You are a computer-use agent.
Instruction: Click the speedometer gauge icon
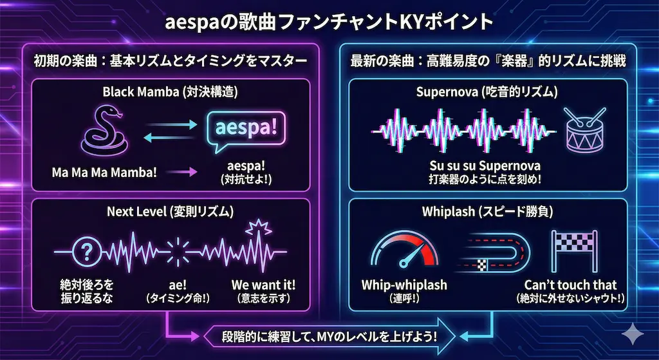pos(404,250)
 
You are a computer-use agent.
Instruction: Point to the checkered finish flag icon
pos(574,251)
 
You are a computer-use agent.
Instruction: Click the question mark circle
pos(87,252)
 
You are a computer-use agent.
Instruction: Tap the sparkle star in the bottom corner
pos(633,334)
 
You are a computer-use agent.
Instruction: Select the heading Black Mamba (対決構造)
pos(170,92)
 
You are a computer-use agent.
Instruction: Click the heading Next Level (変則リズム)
pos(170,211)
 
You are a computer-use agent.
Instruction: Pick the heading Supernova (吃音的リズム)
pos(487,92)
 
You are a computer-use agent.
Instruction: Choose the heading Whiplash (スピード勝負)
pos(487,211)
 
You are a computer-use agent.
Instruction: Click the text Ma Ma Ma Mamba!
pos(104,173)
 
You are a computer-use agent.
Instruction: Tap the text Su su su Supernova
pos(485,166)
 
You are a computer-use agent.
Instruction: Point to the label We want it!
pos(263,285)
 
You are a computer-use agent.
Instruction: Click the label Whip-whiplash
pos(404,285)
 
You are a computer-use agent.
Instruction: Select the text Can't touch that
pos(570,285)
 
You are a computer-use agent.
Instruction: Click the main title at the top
pos(329,23)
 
